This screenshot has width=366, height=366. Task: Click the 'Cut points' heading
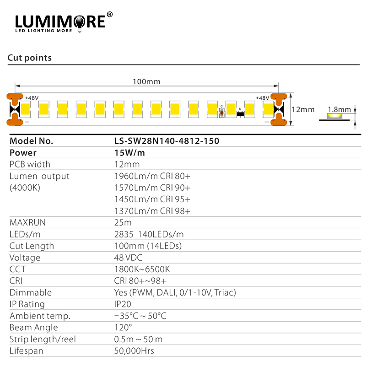[x=29, y=58]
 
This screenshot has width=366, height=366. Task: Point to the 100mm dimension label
[x=146, y=81]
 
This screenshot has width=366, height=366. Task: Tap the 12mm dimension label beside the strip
[x=303, y=110]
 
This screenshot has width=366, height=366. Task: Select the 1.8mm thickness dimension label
[x=339, y=109]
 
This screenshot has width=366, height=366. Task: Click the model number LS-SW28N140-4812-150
[x=167, y=141]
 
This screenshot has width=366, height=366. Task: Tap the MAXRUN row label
[x=28, y=223]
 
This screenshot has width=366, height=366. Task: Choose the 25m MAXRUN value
[x=123, y=223]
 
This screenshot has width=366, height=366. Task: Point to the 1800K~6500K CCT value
[x=142, y=269]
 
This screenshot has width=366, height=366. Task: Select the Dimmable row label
[x=31, y=292]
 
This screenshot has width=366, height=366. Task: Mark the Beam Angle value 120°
[x=123, y=328]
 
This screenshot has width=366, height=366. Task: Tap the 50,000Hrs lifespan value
[x=134, y=351]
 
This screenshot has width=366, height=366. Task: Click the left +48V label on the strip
[x=32, y=98]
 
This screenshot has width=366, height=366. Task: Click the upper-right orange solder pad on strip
[x=278, y=97]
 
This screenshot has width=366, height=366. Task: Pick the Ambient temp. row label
[x=40, y=316]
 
